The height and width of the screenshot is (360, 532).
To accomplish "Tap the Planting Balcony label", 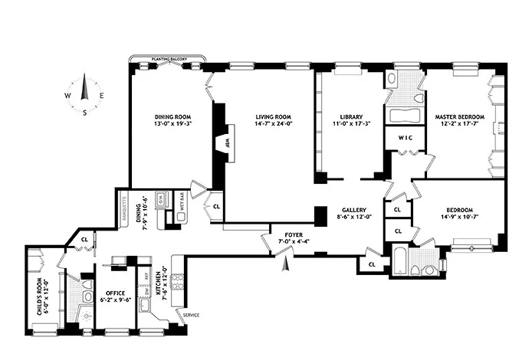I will coord(169,57).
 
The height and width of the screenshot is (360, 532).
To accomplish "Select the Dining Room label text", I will coord(169,117).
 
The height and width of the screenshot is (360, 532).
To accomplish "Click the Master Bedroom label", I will coord(460,117).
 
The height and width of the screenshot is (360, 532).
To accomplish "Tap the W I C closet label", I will coord(405,138).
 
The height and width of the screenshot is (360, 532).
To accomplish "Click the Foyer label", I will coord(294,235).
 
